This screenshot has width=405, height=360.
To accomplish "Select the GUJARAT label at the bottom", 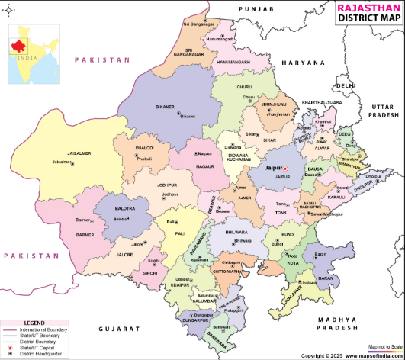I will pyautogui.click(x=121, y=327).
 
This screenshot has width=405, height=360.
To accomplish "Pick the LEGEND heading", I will pyautogui.click(x=34, y=323).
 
